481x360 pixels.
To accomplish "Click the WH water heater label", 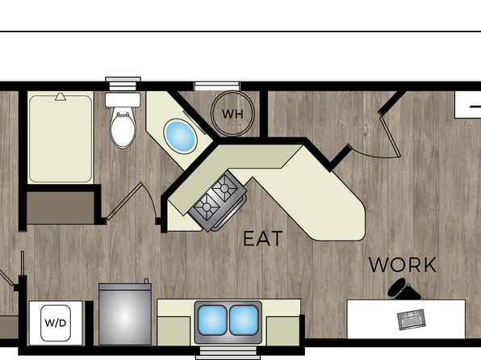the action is (x=232, y=114).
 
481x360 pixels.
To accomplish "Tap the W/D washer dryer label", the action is (x=56, y=323).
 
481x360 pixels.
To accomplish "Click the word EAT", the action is (x=262, y=239).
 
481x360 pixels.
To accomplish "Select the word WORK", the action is (x=403, y=265).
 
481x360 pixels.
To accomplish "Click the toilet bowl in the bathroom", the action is (x=123, y=130).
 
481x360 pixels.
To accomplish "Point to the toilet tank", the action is (x=123, y=100).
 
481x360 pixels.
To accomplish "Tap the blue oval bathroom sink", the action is (x=180, y=136).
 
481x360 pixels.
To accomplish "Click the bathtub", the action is (x=61, y=138).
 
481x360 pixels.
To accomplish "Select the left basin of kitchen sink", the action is (x=212, y=320).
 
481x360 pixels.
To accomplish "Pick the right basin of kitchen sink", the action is (x=244, y=320).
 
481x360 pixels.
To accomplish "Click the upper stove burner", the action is (x=225, y=187).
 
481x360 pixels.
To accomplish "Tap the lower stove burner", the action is (x=207, y=207).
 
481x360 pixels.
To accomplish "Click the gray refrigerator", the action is (x=125, y=314).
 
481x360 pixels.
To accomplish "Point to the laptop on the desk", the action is (x=411, y=319).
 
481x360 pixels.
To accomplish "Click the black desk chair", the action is (x=404, y=289).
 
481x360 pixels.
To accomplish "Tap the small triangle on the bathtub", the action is (x=61, y=97).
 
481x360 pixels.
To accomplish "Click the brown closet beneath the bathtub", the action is (x=61, y=207).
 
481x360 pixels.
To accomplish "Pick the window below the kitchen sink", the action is (x=228, y=353).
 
